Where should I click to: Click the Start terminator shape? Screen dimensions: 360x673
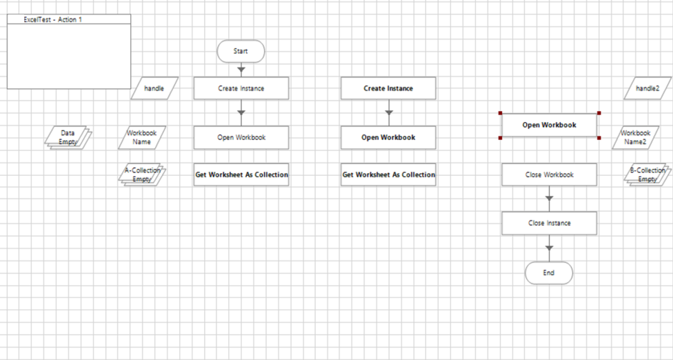[241, 51]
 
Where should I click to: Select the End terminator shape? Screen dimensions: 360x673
[549, 273]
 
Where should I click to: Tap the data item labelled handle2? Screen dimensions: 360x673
[647, 88]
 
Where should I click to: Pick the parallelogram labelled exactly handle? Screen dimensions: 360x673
[154, 88]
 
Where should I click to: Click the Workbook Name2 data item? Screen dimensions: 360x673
[636, 137]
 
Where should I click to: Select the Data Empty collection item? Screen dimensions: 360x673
[68, 137]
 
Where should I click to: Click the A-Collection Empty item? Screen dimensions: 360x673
[142, 174]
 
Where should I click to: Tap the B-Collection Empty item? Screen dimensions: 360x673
[647, 174]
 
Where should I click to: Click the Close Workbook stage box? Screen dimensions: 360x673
[549, 174]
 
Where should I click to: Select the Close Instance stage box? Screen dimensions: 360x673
[549, 223]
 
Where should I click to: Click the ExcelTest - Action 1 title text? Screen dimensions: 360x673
[53, 19]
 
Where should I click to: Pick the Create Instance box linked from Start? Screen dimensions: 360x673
[241, 88]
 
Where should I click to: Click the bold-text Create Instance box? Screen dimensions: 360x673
[388, 88]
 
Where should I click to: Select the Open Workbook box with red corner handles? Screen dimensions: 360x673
[549, 126]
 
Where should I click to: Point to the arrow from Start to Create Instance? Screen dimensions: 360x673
[241, 69]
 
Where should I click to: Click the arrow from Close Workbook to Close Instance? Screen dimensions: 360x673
[549, 199]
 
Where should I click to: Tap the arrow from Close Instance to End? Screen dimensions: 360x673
[549, 248]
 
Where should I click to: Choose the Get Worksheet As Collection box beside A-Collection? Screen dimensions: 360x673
[241, 174]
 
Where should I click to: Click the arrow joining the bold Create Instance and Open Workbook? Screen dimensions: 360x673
[388, 112]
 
